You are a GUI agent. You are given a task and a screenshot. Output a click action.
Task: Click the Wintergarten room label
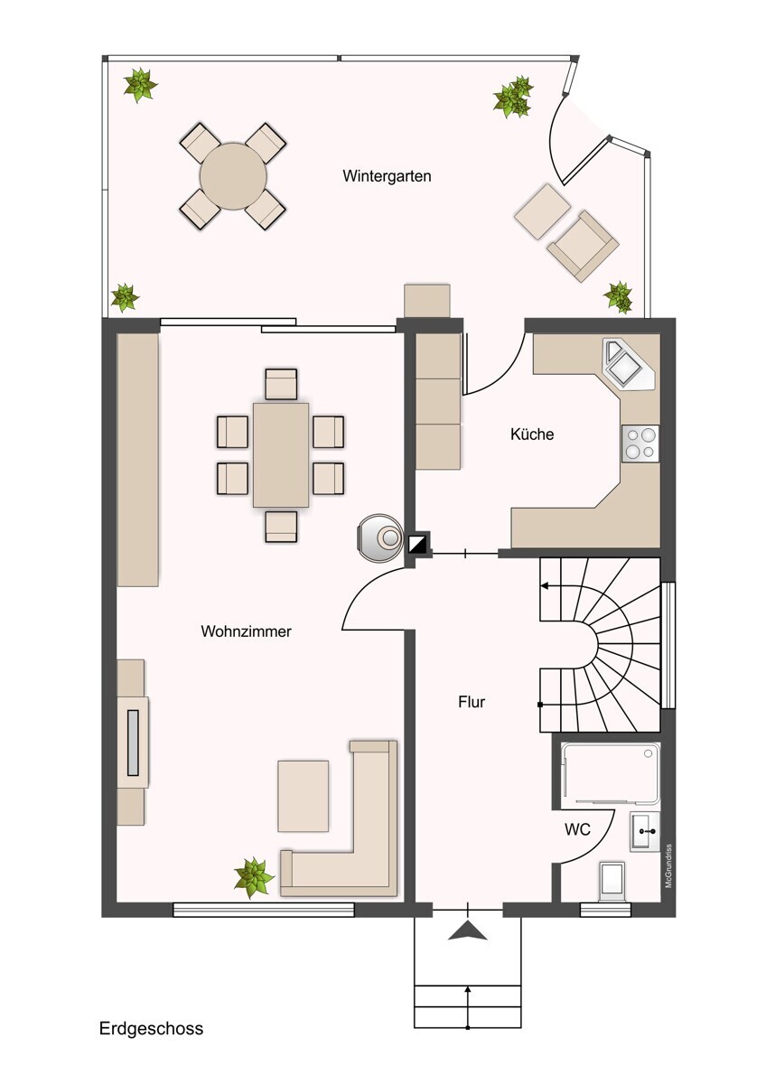[387, 176]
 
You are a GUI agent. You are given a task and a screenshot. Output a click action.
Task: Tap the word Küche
[532, 435]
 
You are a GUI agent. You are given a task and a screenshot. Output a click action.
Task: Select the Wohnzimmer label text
[246, 631]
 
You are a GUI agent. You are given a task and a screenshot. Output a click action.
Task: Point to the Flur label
[472, 701]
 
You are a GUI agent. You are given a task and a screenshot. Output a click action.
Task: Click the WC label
[578, 829]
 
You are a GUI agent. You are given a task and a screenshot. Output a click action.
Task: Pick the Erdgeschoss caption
[151, 1028]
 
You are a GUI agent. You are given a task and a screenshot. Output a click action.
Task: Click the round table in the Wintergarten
[233, 175]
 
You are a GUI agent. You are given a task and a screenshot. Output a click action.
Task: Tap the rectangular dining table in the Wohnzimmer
[281, 454]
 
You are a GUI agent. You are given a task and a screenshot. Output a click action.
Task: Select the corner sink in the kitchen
[625, 366]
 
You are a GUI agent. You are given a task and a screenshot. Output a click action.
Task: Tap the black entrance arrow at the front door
[467, 931]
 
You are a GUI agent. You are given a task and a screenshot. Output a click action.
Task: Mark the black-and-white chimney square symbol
[418, 544]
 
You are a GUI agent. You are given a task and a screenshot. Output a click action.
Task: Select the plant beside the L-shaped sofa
[254, 876]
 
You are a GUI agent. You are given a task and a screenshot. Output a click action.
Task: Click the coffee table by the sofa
[303, 795]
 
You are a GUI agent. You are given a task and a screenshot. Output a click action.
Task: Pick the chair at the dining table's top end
[281, 383]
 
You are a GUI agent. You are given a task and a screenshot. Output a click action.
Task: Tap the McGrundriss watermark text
[669, 865]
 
